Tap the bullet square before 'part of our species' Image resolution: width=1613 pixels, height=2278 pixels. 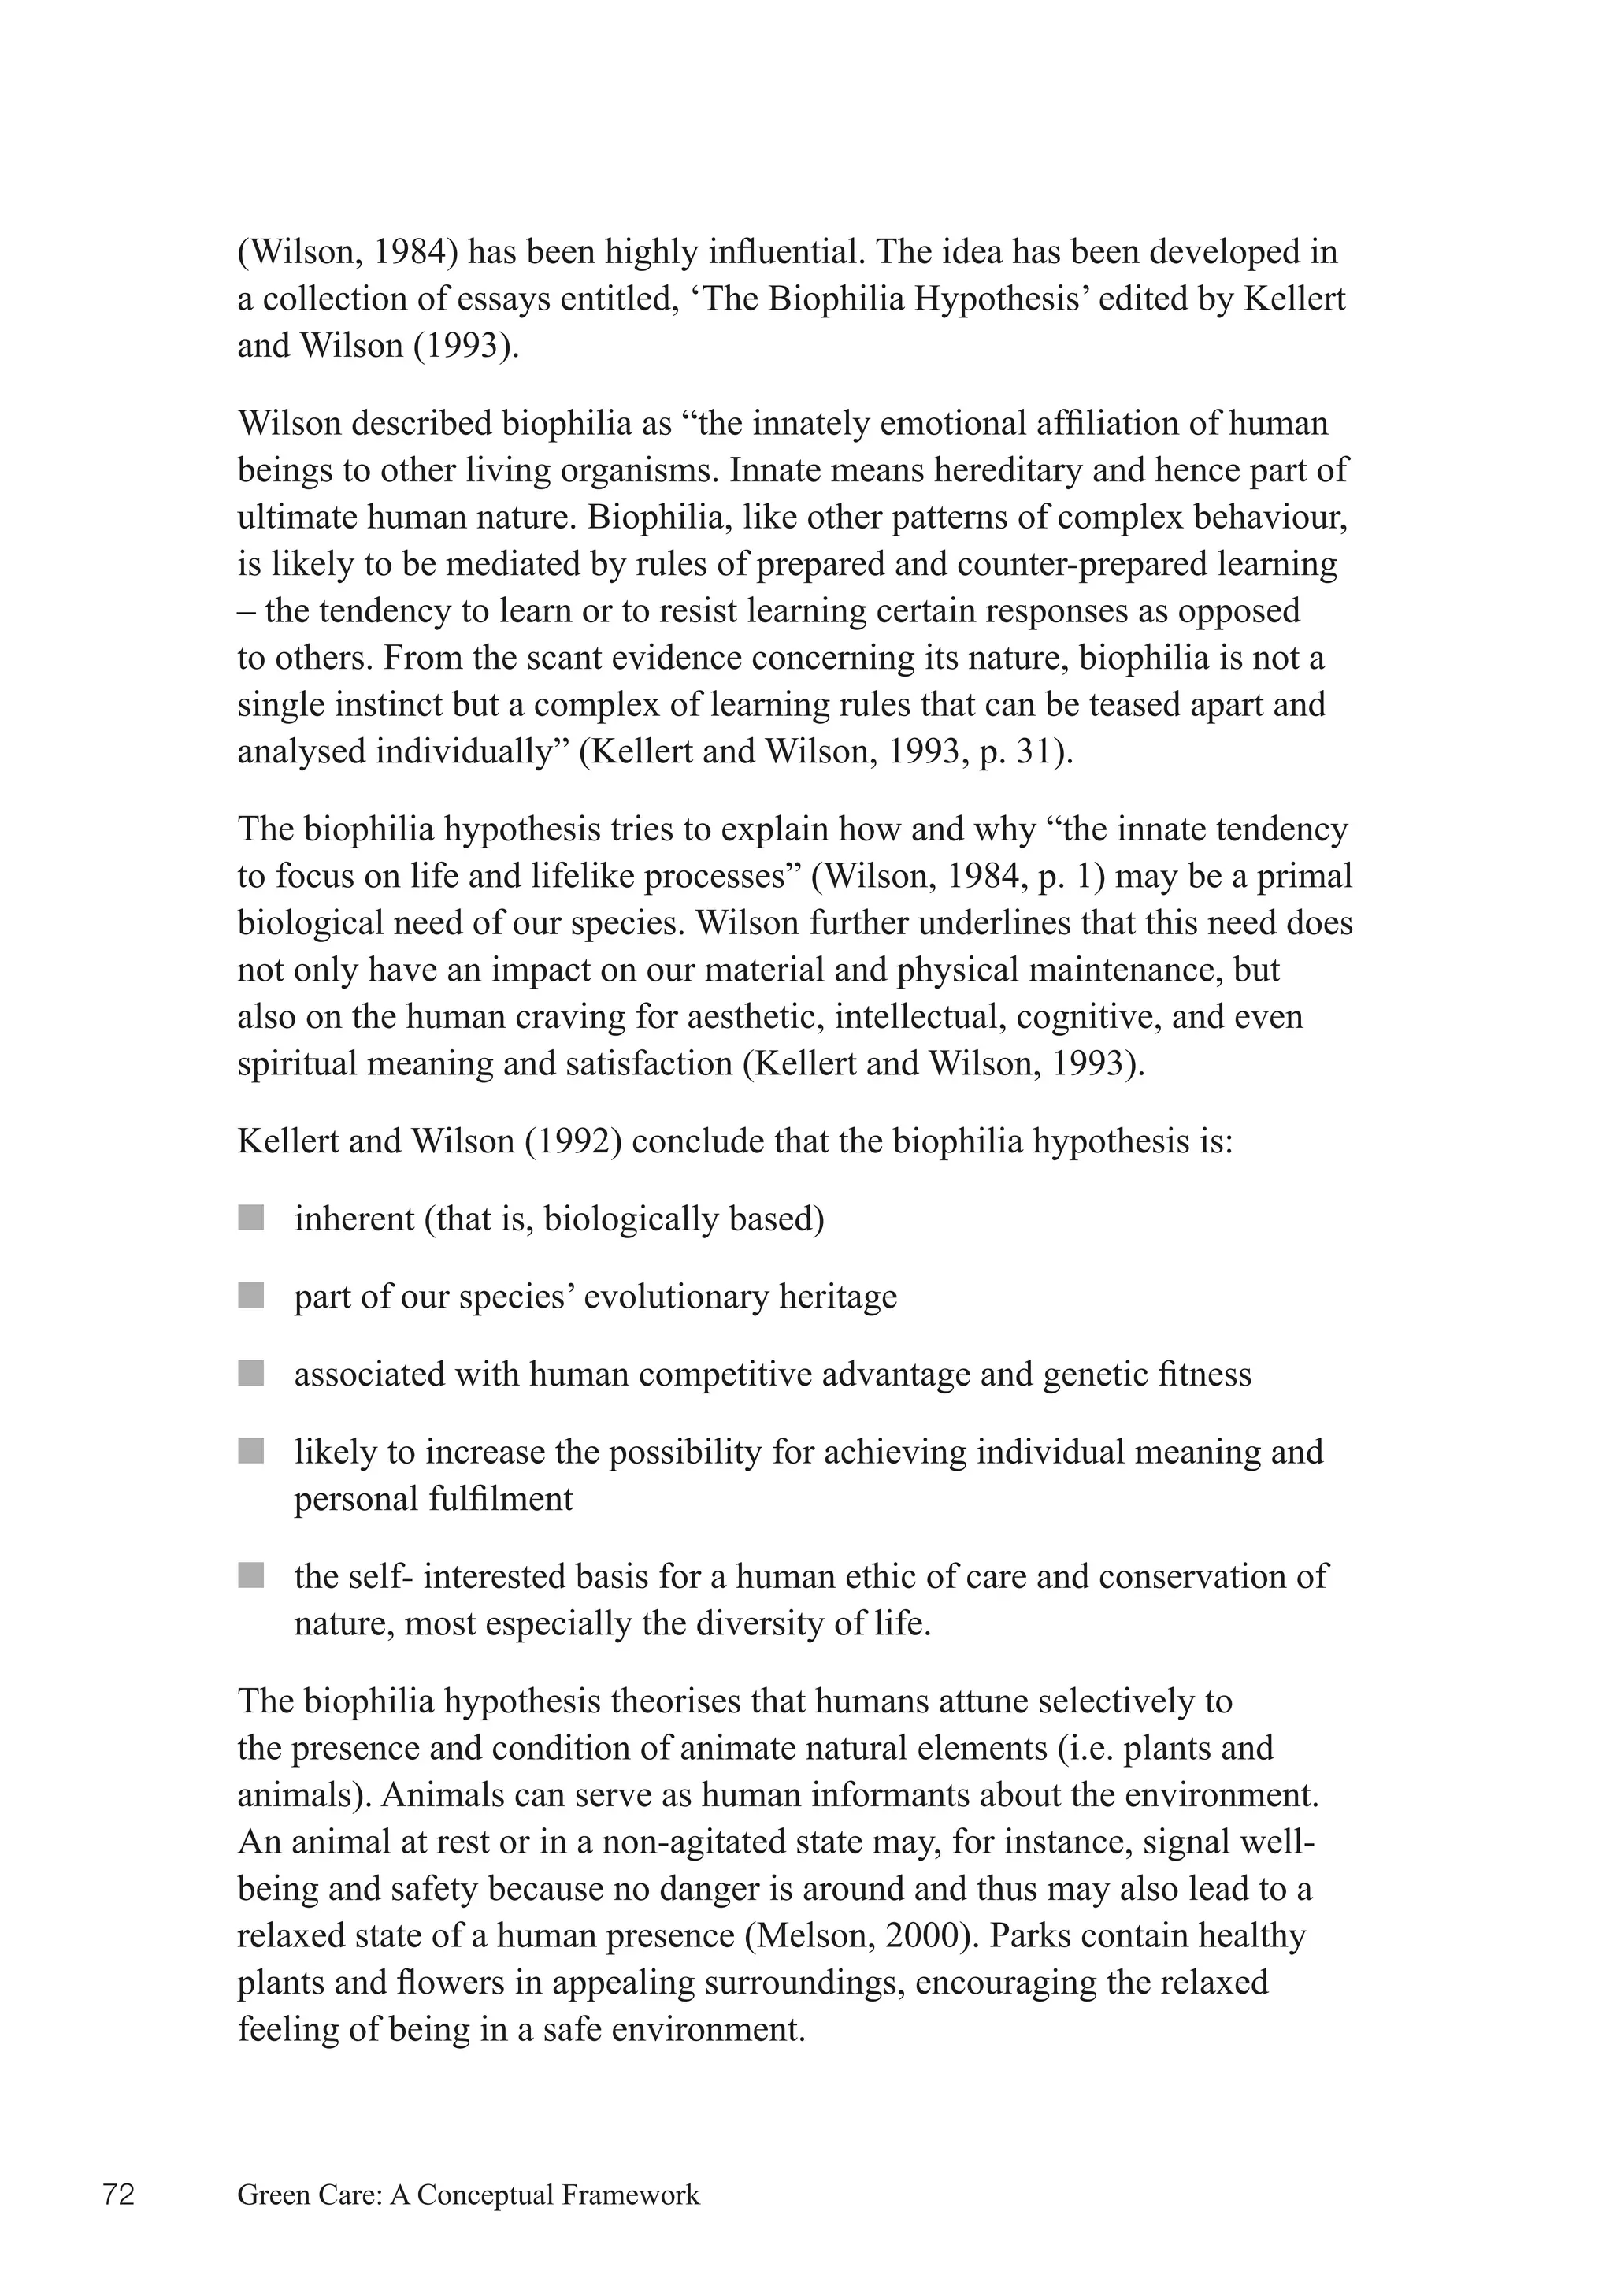251,1296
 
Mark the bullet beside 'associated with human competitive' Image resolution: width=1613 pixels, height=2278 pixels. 251,1374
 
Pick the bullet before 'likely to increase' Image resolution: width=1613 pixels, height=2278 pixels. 251,1452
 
